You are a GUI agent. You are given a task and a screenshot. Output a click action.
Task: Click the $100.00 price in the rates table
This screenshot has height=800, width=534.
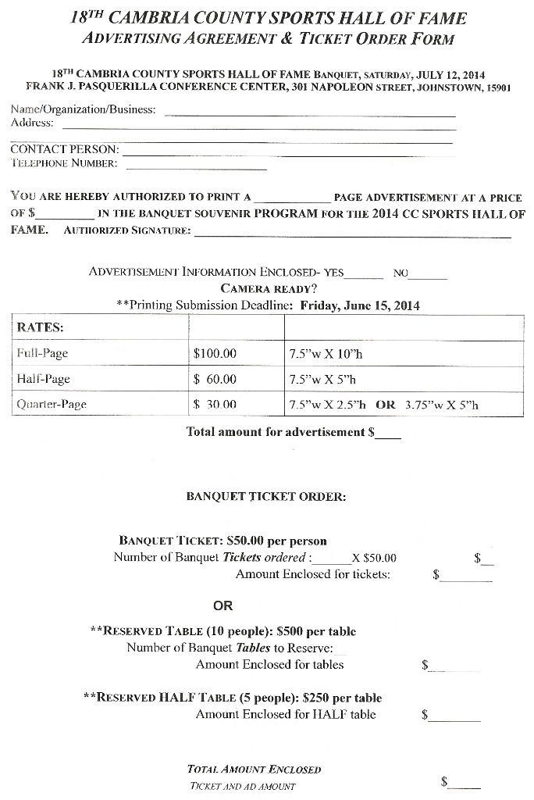[x=215, y=353]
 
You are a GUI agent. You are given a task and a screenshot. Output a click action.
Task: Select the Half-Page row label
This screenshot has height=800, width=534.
[x=44, y=379]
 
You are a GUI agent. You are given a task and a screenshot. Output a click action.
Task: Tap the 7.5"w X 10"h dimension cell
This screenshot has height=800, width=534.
[x=326, y=353]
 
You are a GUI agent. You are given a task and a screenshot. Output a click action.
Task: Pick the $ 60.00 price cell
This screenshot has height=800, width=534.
[x=215, y=379]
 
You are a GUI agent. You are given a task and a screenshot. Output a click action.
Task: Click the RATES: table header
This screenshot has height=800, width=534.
[x=41, y=327]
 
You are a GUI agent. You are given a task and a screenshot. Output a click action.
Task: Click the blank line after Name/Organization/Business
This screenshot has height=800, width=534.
[x=310, y=114]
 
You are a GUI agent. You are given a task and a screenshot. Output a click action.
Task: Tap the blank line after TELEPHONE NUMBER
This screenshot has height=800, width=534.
[x=196, y=168]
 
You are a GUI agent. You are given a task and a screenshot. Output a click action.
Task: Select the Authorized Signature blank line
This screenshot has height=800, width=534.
[x=352, y=234]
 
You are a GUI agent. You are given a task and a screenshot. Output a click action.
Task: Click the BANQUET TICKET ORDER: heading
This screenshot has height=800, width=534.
[x=266, y=496]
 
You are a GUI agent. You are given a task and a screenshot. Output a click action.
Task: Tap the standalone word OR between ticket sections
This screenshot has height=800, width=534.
[x=223, y=605]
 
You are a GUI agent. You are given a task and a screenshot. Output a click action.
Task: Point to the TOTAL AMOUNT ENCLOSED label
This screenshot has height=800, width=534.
[x=254, y=769]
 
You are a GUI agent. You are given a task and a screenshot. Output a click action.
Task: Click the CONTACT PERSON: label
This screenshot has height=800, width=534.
[x=65, y=148]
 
